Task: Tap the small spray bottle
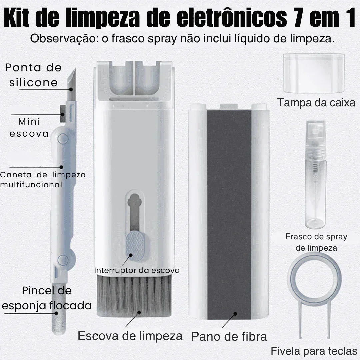tap(315, 187)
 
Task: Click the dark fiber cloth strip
tap(229, 213)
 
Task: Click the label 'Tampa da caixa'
tap(316, 103)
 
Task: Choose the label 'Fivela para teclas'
tap(314, 351)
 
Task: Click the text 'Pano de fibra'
tap(229, 336)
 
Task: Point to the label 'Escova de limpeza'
tap(130, 335)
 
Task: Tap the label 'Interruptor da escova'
tap(137, 270)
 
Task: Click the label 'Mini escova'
tap(29, 128)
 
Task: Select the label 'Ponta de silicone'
tap(33, 75)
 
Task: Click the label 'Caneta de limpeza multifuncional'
tap(43, 179)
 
